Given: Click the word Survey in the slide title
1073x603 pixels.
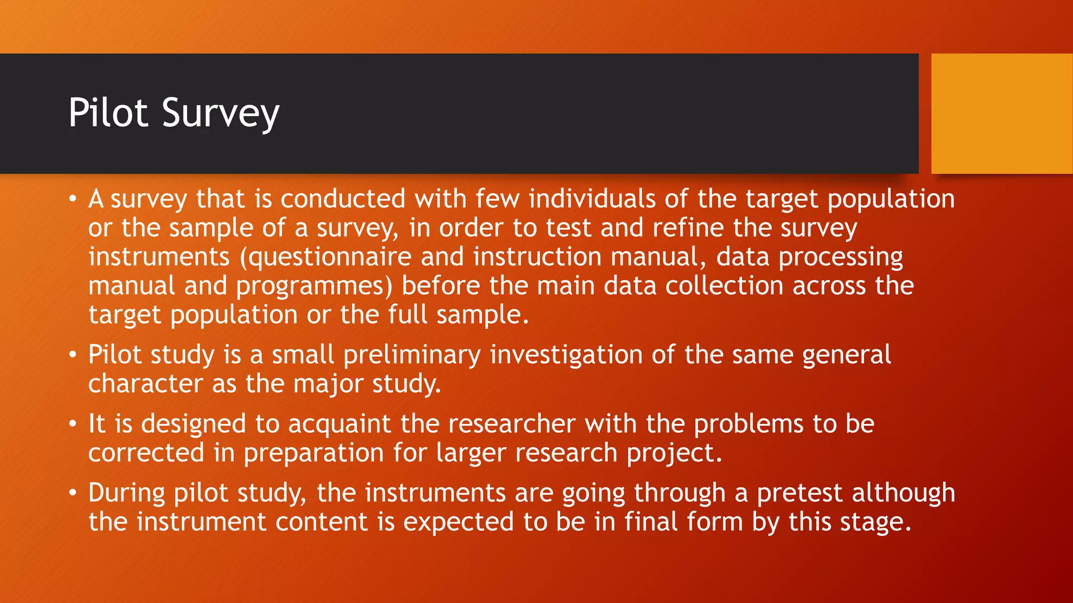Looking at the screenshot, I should [x=221, y=113].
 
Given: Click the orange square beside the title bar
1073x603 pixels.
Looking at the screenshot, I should [x=1001, y=113].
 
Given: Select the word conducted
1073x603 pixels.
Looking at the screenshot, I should [x=343, y=199].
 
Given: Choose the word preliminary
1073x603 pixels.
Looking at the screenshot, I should [x=412, y=355].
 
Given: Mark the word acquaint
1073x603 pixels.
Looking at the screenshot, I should [x=340, y=424].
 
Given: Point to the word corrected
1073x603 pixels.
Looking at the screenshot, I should [x=146, y=453].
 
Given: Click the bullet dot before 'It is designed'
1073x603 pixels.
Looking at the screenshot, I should [x=73, y=424].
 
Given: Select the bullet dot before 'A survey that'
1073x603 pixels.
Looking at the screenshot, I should [x=73, y=199].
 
